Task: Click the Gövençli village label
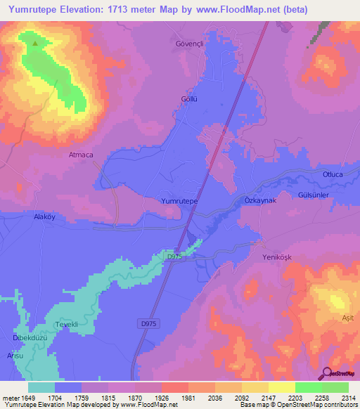pyautogui.click(x=188, y=44)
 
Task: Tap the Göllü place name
pyautogui.click(x=189, y=99)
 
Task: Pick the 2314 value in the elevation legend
pyautogui.click(x=348, y=398)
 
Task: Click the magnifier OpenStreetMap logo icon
pyautogui.click(x=327, y=374)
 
